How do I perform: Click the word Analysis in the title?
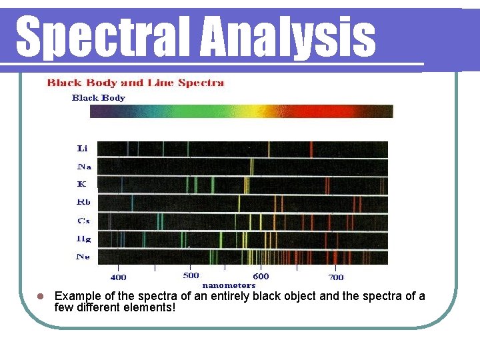coord(287,37)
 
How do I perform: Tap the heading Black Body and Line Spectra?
coord(135,83)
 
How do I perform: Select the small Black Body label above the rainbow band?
coord(98,97)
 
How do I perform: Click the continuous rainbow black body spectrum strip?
coord(241,111)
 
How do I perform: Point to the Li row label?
coord(83,148)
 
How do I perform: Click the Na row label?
coord(85,166)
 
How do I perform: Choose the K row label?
coord(81,183)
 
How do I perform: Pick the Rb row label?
coord(84,201)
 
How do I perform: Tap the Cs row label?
coord(83,220)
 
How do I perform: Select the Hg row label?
coord(83,238)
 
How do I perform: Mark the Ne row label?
coord(83,256)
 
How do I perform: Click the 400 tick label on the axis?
coord(118,277)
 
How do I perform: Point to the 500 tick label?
coord(191,275)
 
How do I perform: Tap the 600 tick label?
coord(261,276)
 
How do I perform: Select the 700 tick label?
coord(336,277)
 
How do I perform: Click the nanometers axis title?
coord(229,285)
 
